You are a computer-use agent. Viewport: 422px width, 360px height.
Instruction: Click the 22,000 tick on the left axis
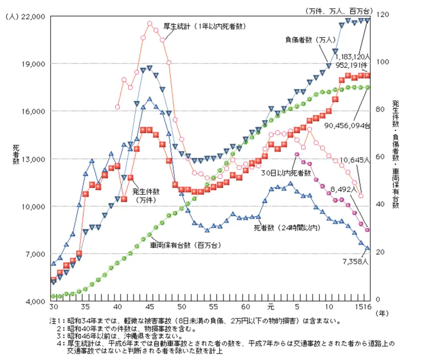(x=34, y=17)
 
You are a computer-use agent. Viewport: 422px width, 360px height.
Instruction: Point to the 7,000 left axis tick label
(x=34, y=253)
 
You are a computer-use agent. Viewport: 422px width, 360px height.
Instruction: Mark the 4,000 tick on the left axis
(x=35, y=301)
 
